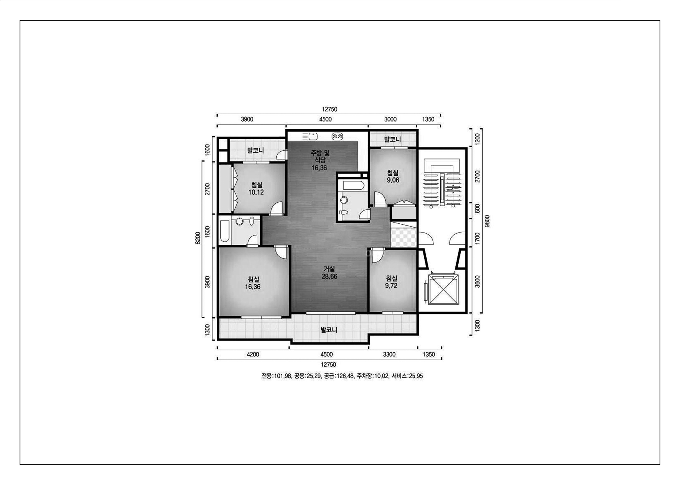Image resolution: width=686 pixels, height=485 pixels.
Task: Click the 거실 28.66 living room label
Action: (x=329, y=273)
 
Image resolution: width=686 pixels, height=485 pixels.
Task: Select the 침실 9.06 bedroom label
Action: (x=393, y=176)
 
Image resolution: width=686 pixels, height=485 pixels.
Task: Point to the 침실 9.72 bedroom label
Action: (x=391, y=282)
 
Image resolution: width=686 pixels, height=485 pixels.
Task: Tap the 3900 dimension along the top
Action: (x=247, y=119)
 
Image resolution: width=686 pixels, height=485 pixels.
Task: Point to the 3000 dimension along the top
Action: (x=390, y=119)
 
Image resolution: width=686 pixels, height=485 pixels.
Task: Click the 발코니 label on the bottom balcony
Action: (x=329, y=330)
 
